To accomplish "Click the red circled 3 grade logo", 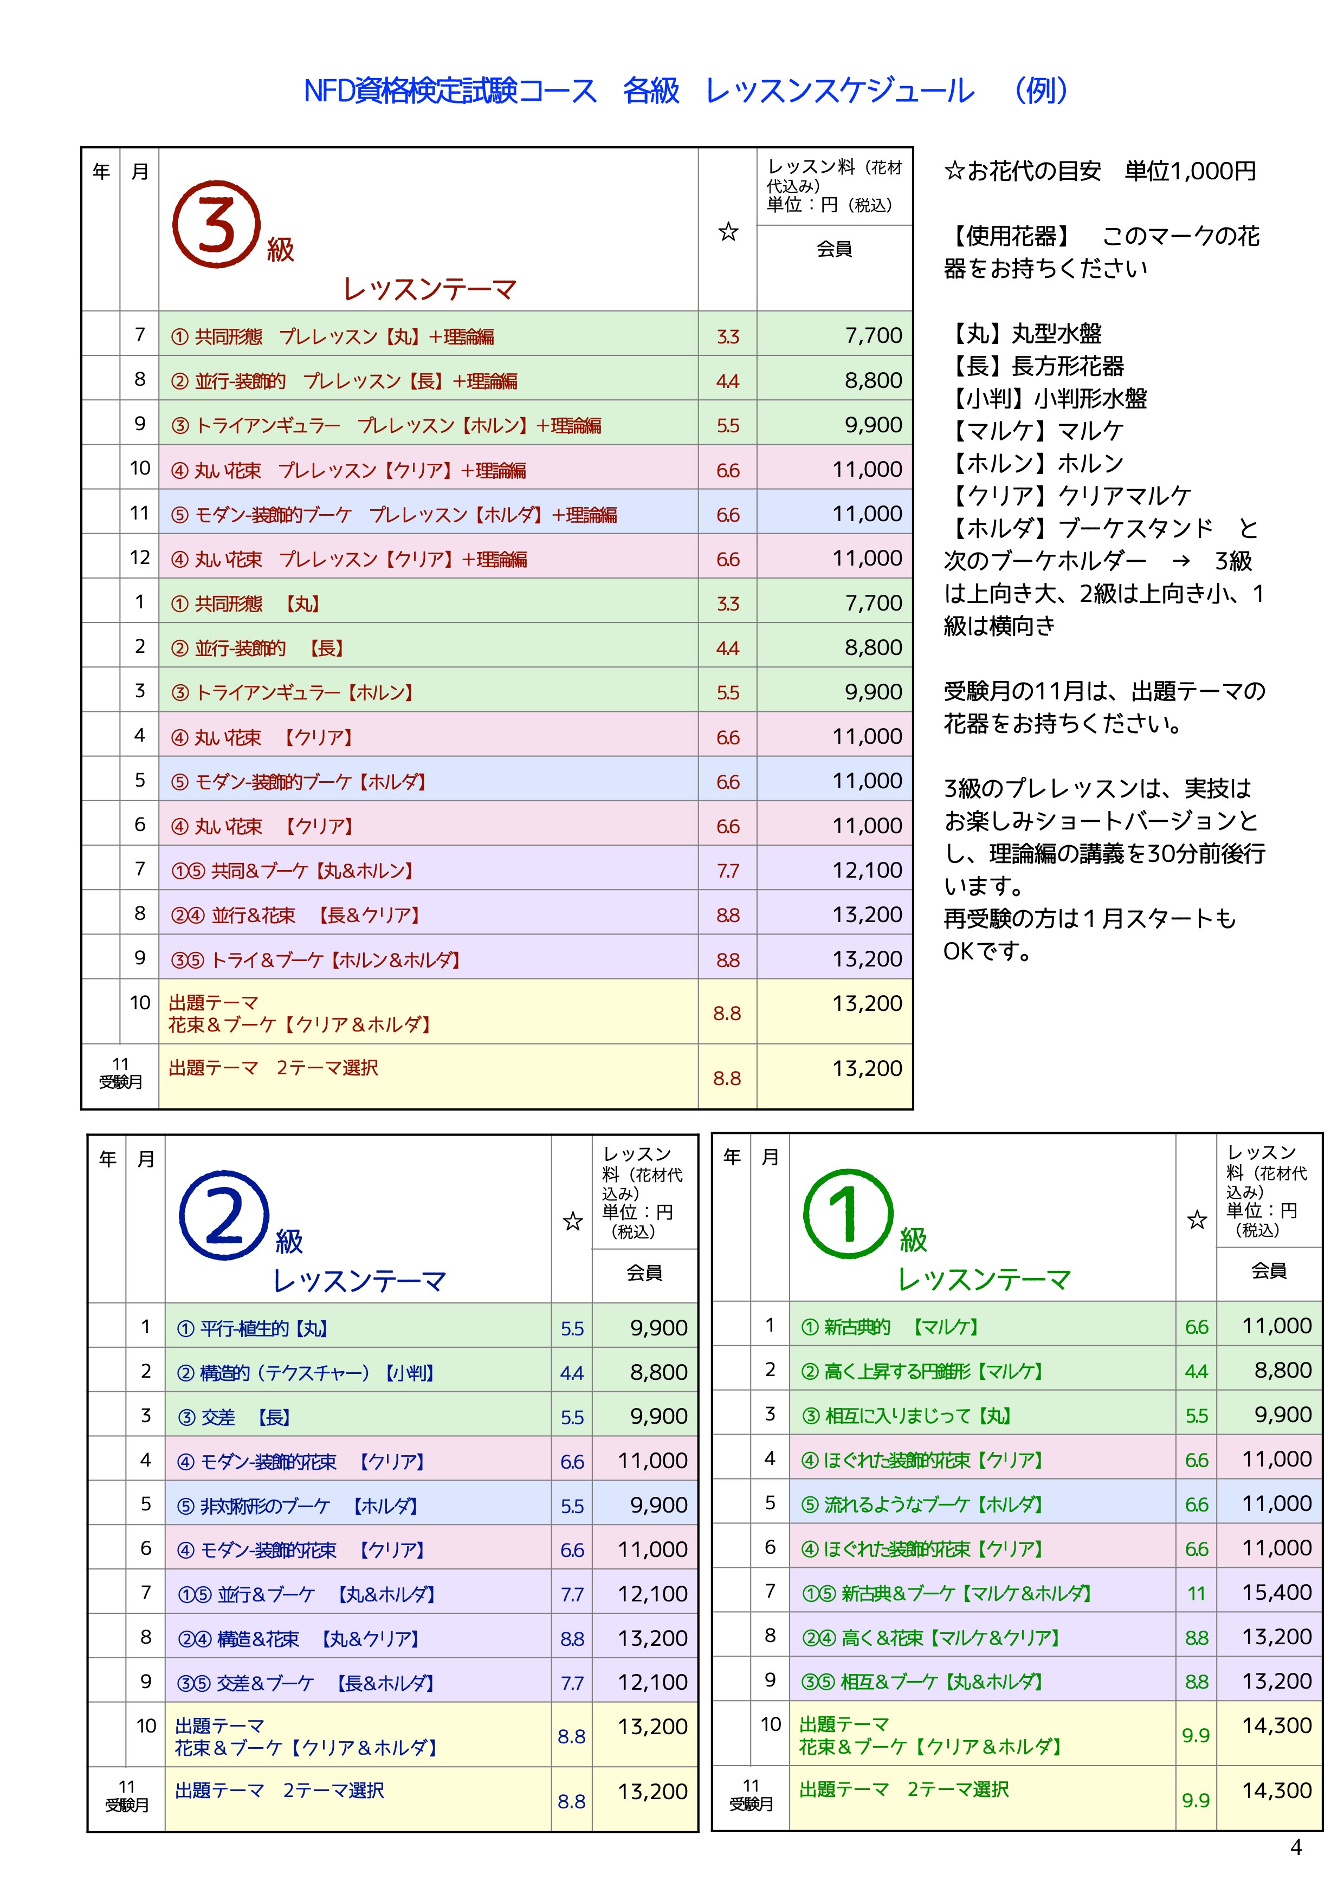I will [x=216, y=224].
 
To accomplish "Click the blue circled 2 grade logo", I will [x=224, y=1215].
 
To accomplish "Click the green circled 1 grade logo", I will [x=848, y=1214].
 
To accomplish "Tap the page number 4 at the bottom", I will [x=1296, y=1847].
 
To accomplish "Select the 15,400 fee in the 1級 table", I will [x=1276, y=1592].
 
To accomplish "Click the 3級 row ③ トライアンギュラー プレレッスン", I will [x=386, y=426].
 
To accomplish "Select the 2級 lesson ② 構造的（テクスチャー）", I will [x=305, y=1373].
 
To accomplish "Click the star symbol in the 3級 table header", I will [x=728, y=232].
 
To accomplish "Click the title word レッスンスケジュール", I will [x=839, y=91].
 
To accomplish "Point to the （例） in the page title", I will [x=1041, y=91].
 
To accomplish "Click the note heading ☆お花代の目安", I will [x=1023, y=171].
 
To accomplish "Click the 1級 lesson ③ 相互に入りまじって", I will [x=906, y=1416].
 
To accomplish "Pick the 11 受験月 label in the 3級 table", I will [x=120, y=1073].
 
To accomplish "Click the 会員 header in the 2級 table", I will [x=644, y=1273].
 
